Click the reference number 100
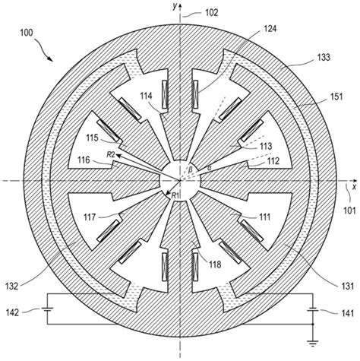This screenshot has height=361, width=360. [x=27, y=33]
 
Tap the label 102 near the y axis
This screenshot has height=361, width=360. [x=211, y=12]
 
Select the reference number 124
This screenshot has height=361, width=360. [x=270, y=29]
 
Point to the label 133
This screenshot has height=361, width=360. [x=324, y=57]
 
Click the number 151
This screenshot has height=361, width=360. [x=336, y=97]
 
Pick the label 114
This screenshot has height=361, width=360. [x=147, y=96]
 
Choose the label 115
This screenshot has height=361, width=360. [x=92, y=138]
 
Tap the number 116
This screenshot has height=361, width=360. [x=84, y=160]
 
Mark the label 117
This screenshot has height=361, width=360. [x=90, y=217]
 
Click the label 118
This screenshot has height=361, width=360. [x=215, y=264]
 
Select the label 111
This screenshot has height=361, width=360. [x=264, y=217]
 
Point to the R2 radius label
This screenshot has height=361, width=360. [x=111, y=154]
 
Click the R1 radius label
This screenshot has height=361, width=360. [x=175, y=195]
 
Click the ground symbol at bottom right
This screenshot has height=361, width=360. [x=313, y=344]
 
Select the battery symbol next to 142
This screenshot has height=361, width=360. [x=47, y=309]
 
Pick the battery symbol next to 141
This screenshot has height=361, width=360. [x=313, y=310]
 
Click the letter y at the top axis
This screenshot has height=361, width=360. [x=175, y=7]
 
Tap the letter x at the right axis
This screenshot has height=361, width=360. [x=354, y=187]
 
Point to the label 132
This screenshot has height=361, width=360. [x=12, y=287]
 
